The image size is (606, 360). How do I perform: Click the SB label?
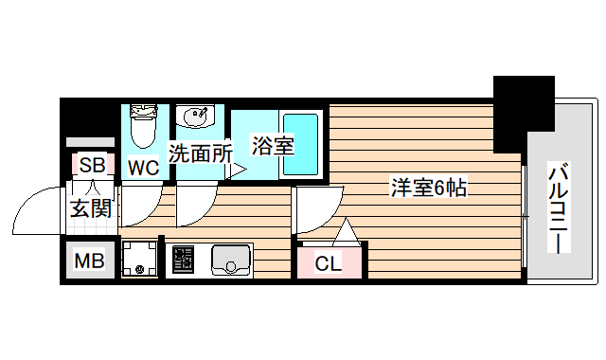[92, 165]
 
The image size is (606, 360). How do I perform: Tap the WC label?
[143, 169]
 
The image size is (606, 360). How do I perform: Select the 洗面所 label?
[200, 151]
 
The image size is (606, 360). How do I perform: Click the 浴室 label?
[272, 146]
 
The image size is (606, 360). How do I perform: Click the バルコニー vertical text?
[559, 208]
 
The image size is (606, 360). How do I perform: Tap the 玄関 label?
[92, 207]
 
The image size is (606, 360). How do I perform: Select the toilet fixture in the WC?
[143, 127]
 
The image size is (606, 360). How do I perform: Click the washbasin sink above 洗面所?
[196, 118]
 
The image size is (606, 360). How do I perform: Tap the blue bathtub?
[300, 143]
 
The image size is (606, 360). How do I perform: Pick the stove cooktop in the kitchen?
[184, 259]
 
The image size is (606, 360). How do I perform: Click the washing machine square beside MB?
[140, 259]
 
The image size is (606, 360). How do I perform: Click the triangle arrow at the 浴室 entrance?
[238, 170]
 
